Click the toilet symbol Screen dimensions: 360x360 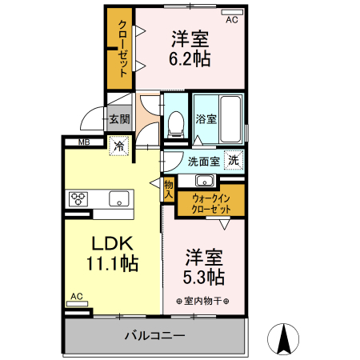(x=176, y=124)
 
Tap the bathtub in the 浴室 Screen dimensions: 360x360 (x=230, y=119)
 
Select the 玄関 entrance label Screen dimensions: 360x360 (x=120, y=119)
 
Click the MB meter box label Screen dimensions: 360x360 (x=84, y=142)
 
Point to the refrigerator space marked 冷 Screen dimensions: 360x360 (x=119, y=146)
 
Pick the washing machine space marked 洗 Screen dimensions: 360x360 (x=234, y=160)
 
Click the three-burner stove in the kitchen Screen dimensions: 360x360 (x=78, y=199)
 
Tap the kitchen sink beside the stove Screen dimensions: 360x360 (x=119, y=199)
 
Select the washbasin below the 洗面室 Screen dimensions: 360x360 (x=205, y=181)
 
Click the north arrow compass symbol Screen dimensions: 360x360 (x=283, y=339)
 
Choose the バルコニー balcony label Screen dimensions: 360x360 (x=155, y=335)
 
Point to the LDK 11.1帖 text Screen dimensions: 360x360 (x=112, y=254)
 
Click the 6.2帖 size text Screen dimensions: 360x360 (x=190, y=58)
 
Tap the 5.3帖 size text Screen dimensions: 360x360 (x=204, y=277)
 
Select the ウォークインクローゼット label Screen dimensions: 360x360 (x=211, y=204)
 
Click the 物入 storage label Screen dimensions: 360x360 (x=169, y=190)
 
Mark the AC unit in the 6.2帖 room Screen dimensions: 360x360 (x=232, y=12)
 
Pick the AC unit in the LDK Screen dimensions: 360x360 (x=77, y=304)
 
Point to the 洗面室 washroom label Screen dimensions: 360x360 (x=204, y=162)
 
